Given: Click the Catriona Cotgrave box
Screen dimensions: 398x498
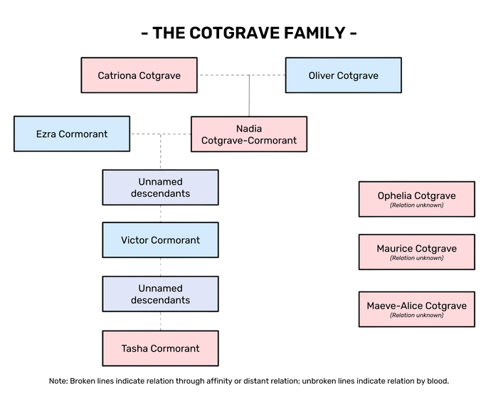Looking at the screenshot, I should coord(139,75).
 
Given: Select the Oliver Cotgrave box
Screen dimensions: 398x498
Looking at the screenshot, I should coord(343,75).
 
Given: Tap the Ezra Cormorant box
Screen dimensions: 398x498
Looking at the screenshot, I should coord(72,134).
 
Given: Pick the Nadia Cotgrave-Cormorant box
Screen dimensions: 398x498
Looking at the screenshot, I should coord(248,134).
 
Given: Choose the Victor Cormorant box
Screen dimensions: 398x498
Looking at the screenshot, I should coord(160,240).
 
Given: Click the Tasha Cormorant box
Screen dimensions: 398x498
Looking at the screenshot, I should coord(160,348).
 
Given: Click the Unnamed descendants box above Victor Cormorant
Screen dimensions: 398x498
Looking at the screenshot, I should coord(160,188).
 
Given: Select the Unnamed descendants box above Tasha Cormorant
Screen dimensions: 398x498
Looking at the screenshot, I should coord(160,294).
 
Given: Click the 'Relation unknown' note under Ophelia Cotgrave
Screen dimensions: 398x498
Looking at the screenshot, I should coord(416,205).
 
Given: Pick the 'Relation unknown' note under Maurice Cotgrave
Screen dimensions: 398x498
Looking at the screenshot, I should coord(416,258).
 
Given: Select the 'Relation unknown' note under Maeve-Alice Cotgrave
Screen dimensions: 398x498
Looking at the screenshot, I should coord(416,315).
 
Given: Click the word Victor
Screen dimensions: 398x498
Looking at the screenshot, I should coord(135,240).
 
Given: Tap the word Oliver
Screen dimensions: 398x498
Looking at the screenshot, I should coord(322,75).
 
